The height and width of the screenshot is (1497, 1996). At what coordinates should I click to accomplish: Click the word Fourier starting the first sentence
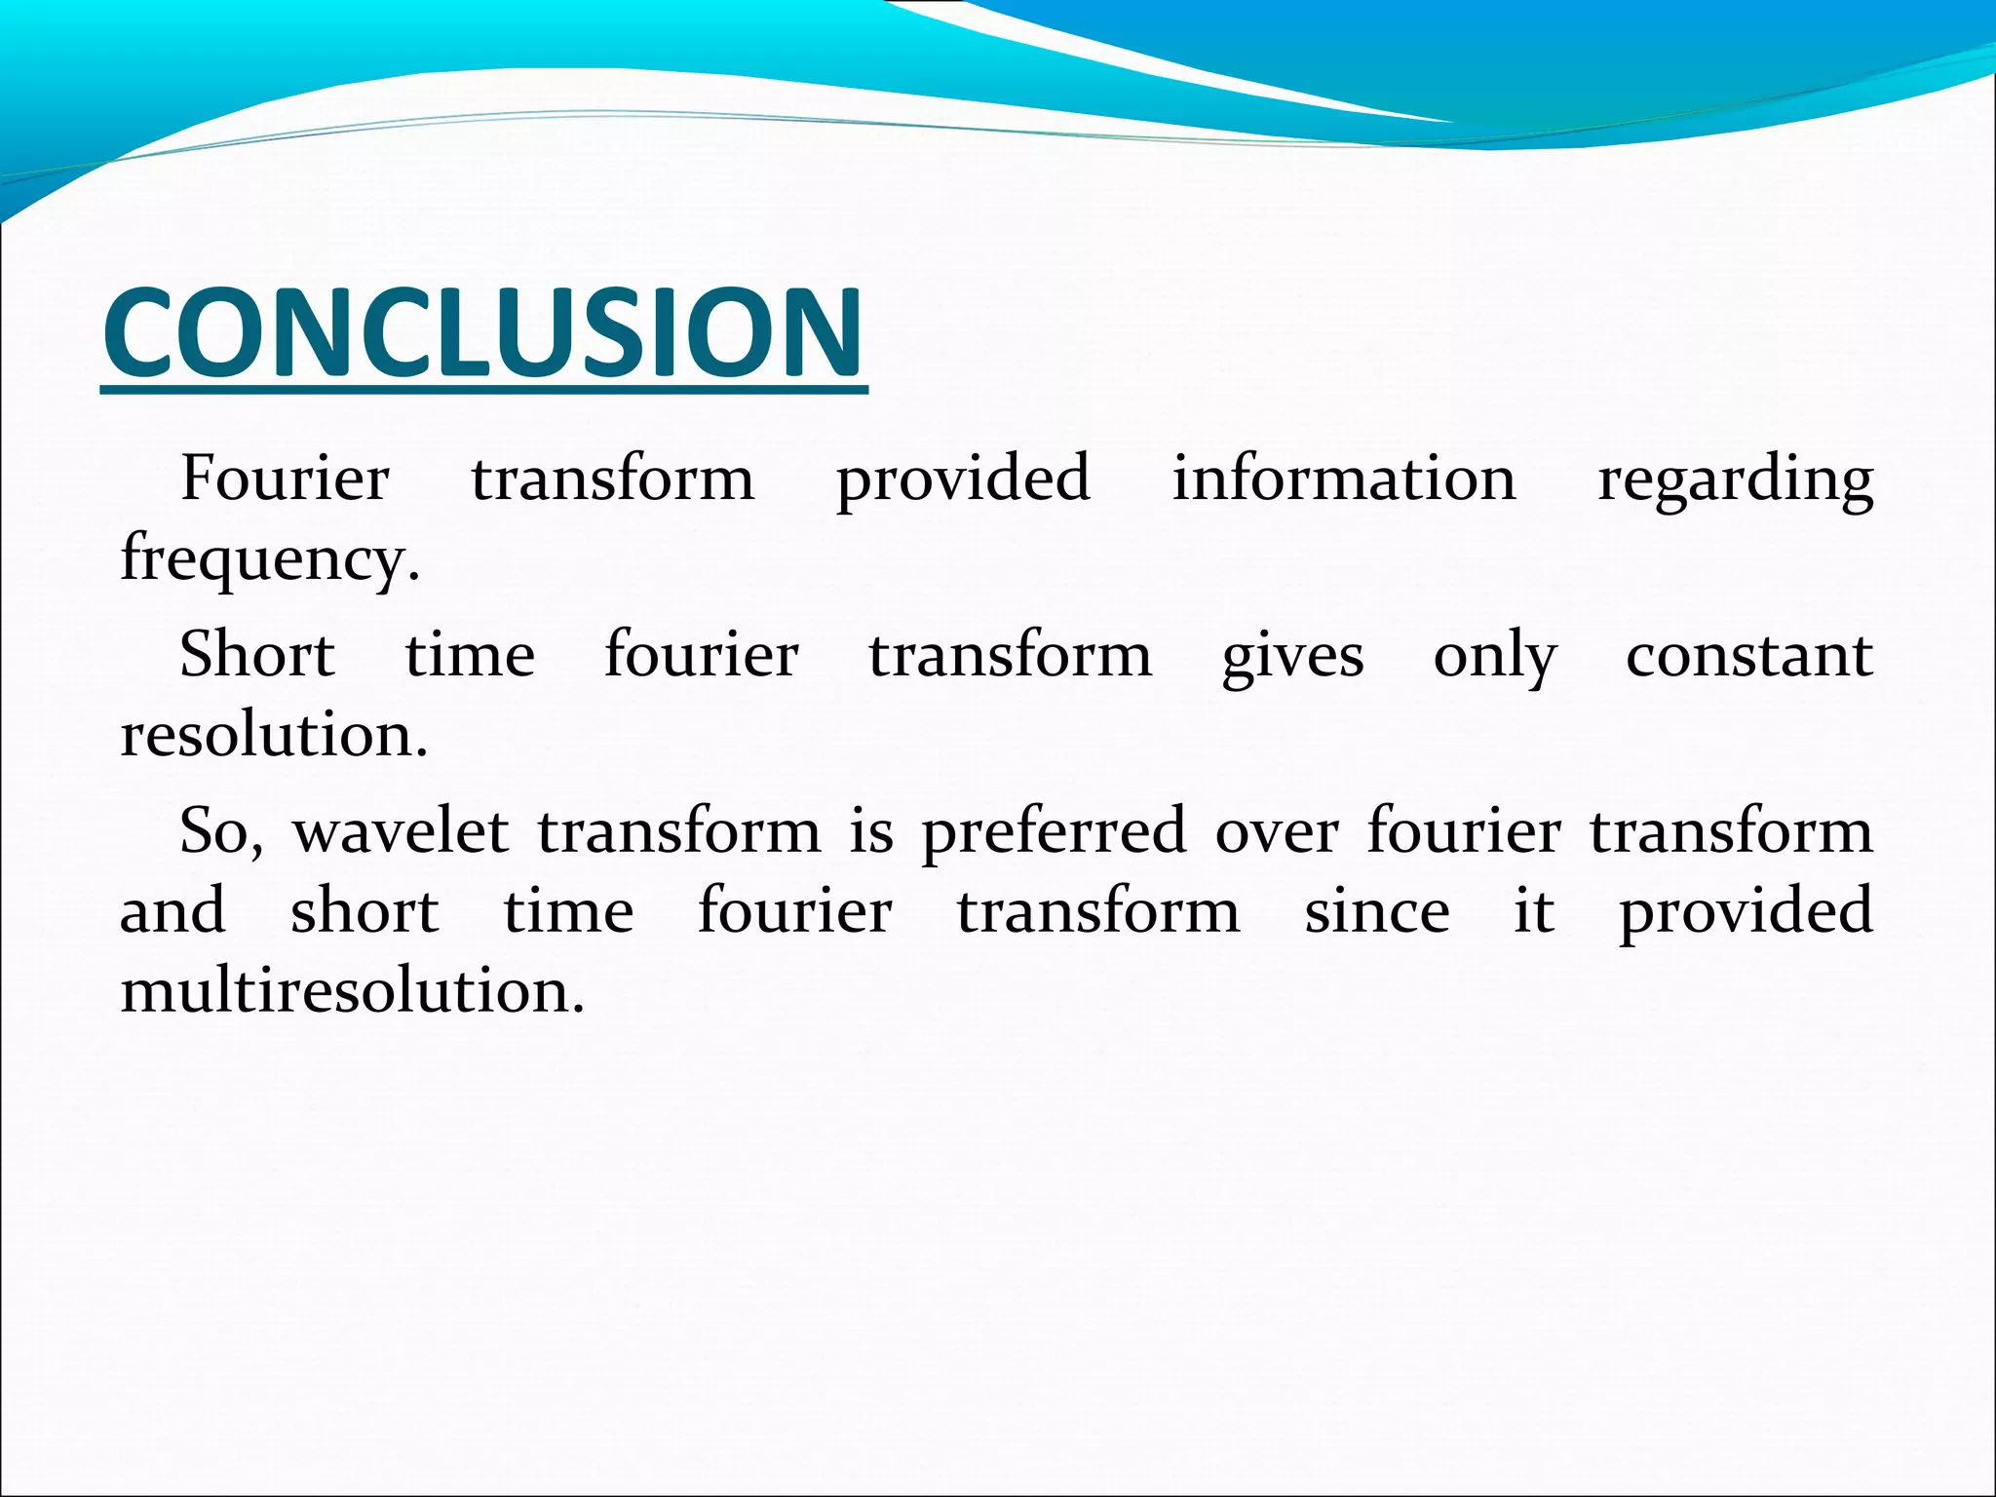286,479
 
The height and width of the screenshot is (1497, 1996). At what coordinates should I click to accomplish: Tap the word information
1343,479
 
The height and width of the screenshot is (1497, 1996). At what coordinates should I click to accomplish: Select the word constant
1748,655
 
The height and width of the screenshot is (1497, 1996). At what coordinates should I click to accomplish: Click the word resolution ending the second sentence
273,734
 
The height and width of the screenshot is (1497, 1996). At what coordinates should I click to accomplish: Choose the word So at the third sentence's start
220,831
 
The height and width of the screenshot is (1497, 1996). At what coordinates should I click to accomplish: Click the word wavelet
401,831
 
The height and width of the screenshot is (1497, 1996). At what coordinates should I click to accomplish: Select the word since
1376,911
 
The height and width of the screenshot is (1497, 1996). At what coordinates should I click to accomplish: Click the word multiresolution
351,990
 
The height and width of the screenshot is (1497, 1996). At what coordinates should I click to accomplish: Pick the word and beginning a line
173,911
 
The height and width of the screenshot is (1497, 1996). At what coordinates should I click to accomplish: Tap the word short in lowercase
365,911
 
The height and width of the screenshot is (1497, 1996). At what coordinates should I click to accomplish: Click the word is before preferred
870,831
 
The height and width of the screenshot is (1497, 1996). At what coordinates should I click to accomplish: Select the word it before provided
1533,911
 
